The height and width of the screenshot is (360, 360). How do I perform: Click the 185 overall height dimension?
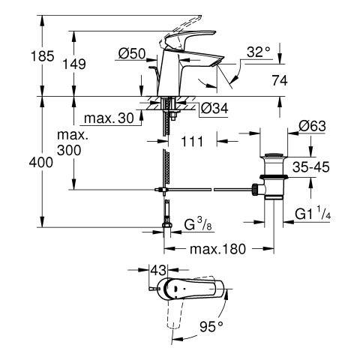[42, 56]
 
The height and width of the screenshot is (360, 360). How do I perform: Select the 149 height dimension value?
[73, 64]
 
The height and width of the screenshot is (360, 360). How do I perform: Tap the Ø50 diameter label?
[132, 53]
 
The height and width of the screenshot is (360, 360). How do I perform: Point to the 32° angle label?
[259, 52]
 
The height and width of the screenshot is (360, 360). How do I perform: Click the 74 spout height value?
[280, 80]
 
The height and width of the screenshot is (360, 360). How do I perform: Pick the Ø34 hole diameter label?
[214, 109]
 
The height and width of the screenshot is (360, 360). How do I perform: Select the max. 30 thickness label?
[109, 118]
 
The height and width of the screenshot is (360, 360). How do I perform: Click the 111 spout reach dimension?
[192, 142]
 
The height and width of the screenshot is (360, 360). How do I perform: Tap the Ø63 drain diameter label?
[312, 126]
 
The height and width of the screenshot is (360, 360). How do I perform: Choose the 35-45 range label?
[311, 167]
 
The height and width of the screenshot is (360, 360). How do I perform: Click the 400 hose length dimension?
[41, 163]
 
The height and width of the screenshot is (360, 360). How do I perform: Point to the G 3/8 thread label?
[198, 223]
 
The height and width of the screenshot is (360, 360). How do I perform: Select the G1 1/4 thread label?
[313, 213]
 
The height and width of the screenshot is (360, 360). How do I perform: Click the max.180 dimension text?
[217, 249]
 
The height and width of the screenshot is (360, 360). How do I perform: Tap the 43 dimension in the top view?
[158, 271]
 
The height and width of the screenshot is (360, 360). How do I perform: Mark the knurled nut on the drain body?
[255, 190]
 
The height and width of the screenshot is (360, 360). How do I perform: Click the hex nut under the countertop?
[173, 115]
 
